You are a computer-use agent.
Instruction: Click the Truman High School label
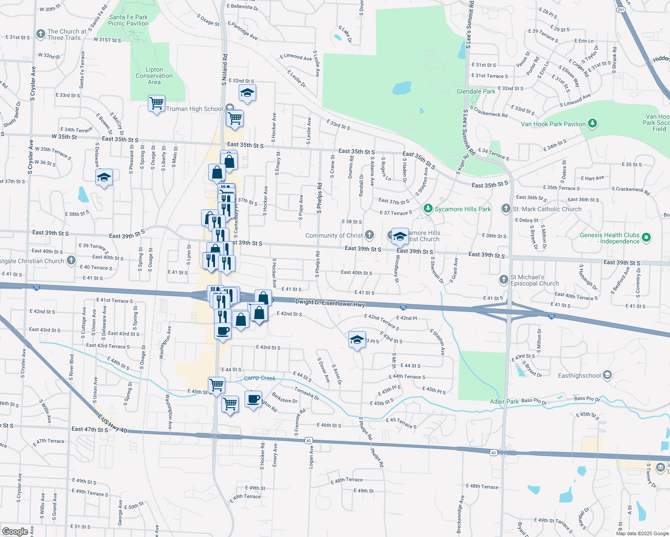click(194, 109)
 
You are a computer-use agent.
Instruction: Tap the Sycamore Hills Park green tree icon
click(428, 209)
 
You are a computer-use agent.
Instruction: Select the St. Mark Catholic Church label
click(547, 209)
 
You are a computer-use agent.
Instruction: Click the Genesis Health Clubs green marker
click(646, 238)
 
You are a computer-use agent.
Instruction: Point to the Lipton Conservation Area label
click(154, 76)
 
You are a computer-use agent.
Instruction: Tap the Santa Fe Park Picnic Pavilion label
click(128, 20)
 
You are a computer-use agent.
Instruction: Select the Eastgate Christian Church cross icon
click(71, 260)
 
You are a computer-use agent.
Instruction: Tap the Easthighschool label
click(579, 375)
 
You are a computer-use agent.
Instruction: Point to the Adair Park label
click(504, 401)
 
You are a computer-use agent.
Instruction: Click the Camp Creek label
click(260, 378)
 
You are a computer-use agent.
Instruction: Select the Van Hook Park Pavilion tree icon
click(592, 123)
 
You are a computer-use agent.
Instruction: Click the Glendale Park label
click(476, 91)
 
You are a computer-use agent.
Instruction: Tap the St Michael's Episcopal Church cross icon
click(504, 280)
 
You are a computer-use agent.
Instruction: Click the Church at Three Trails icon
click(41, 34)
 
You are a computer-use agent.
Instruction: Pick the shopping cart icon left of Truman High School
click(156, 103)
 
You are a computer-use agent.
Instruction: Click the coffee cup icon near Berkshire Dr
click(253, 399)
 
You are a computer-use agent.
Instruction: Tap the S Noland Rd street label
click(225, 70)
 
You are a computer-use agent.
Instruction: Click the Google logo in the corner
click(15, 531)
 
